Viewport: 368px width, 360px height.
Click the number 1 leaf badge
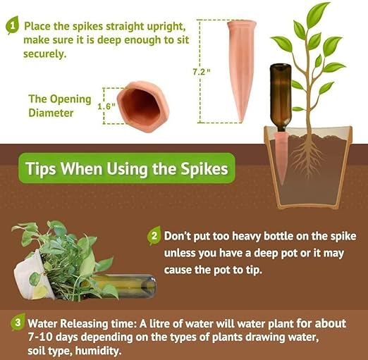13,25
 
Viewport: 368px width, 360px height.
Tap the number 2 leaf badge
154,235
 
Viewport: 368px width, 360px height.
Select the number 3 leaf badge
18,322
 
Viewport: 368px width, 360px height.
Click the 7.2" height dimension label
201,72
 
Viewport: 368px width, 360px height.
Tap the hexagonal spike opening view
143,106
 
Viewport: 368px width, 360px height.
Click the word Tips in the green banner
41,168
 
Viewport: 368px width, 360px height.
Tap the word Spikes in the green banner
204,168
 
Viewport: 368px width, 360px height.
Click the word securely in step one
44,54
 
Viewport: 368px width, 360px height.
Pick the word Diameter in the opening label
51,113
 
